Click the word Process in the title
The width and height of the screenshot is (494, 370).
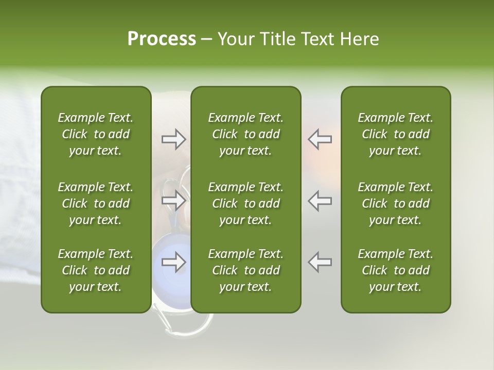tap(162, 39)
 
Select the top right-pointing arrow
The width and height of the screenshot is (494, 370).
tap(173, 139)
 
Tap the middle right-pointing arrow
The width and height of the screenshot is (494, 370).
tap(173, 200)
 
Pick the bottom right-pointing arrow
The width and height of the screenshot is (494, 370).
tap(173, 262)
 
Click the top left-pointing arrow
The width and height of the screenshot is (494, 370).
tap(320, 139)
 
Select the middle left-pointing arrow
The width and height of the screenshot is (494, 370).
tap(320, 200)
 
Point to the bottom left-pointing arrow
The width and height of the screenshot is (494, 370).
tap(320, 262)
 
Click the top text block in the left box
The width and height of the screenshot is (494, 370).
tap(96, 134)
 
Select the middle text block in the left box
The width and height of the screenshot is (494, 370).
tap(96, 203)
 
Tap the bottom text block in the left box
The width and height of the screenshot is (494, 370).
tap(96, 270)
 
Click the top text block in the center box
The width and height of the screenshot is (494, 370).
tap(245, 134)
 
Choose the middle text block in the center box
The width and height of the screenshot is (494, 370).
tap(245, 203)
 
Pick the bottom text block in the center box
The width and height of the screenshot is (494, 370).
tap(245, 270)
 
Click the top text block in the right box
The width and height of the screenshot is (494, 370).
tap(395, 134)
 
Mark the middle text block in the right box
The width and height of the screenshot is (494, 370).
tap(395, 203)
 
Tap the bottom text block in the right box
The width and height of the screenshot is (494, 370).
tap(395, 270)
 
